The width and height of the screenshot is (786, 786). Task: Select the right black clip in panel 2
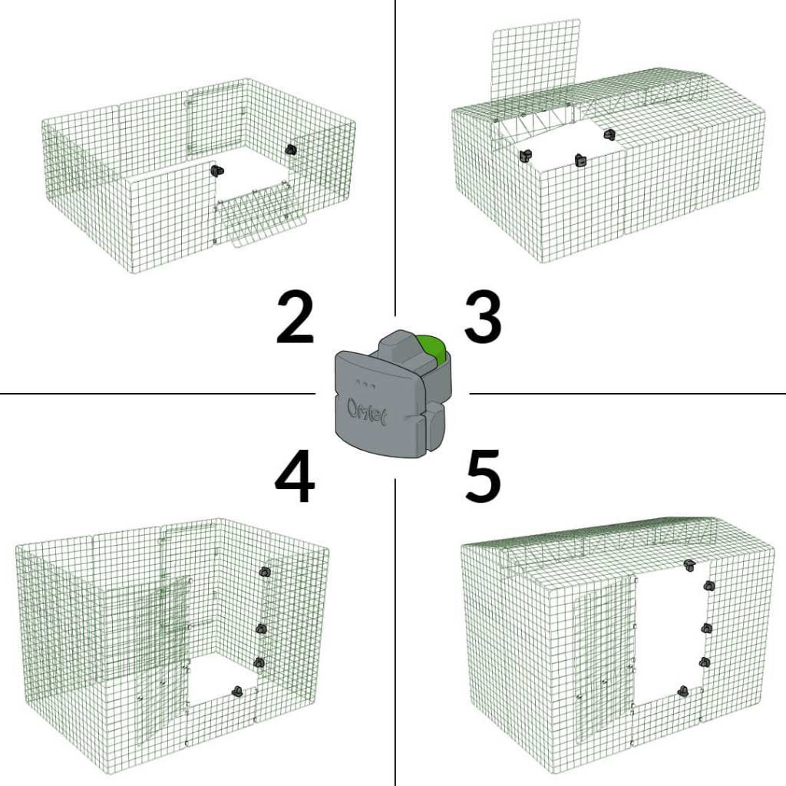pyautogui.click(x=290, y=149)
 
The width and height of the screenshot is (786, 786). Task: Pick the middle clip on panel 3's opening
pyautogui.click(x=580, y=160)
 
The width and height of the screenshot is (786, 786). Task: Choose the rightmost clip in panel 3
pyautogui.click(x=609, y=135)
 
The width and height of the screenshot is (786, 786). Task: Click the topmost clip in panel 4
pyautogui.click(x=265, y=572)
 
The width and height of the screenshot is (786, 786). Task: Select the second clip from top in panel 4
pyautogui.click(x=261, y=629)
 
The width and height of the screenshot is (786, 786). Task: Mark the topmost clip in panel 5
pyautogui.click(x=689, y=566)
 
